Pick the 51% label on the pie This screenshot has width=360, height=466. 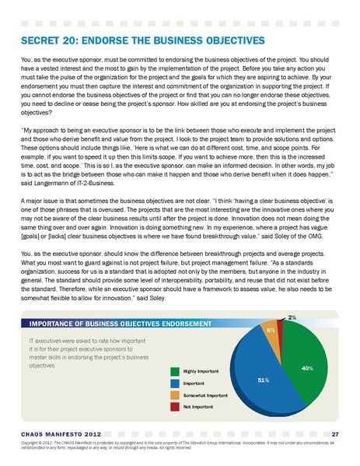[x=263, y=380]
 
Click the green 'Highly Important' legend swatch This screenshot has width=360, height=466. [x=176, y=373]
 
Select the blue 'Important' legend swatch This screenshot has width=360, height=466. [x=176, y=384]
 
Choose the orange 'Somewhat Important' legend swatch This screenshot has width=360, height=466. [x=176, y=395]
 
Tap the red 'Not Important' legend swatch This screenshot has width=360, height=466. [x=176, y=406]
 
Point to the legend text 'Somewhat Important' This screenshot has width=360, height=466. [x=207, y=395]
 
